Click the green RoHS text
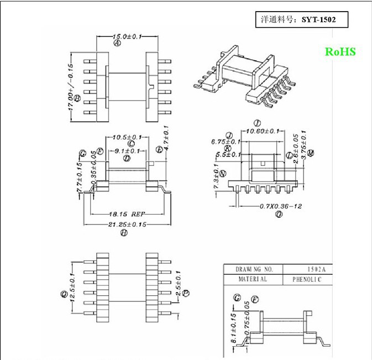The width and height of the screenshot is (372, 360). pyautogui.click(x=340, y=52)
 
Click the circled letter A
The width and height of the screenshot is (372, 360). pyautogui.click(x=117, y=43)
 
